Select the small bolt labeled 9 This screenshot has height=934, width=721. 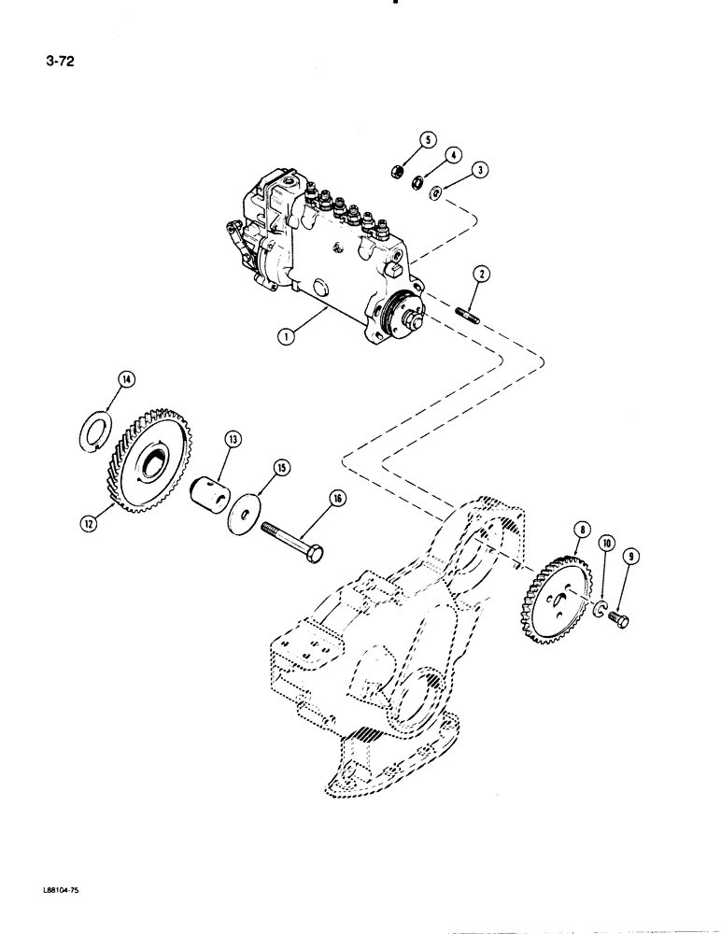622,618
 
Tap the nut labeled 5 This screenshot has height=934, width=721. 396,173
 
